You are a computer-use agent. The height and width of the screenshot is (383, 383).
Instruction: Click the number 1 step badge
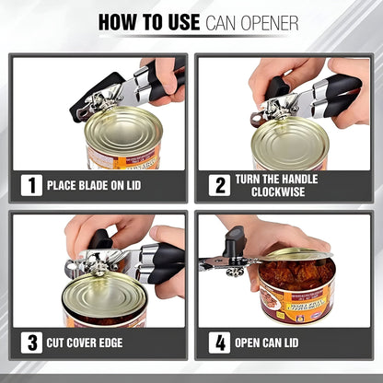pyautogui.click(x=32, y=185)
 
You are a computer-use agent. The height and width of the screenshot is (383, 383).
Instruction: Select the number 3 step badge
pyautogui.click(x=32, y=344)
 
